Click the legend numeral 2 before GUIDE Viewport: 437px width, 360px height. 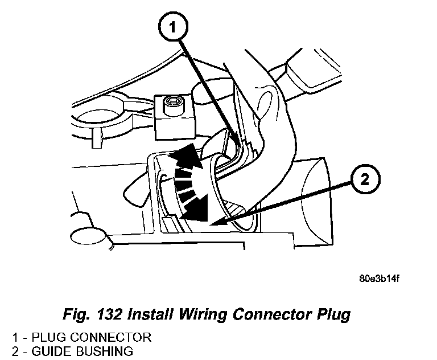point(6,351)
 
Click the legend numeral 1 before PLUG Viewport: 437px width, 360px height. point(6,337)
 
